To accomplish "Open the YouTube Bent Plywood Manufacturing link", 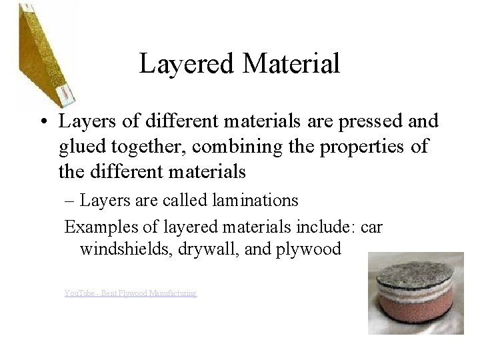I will pyautogui.click(x=131, y=293).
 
